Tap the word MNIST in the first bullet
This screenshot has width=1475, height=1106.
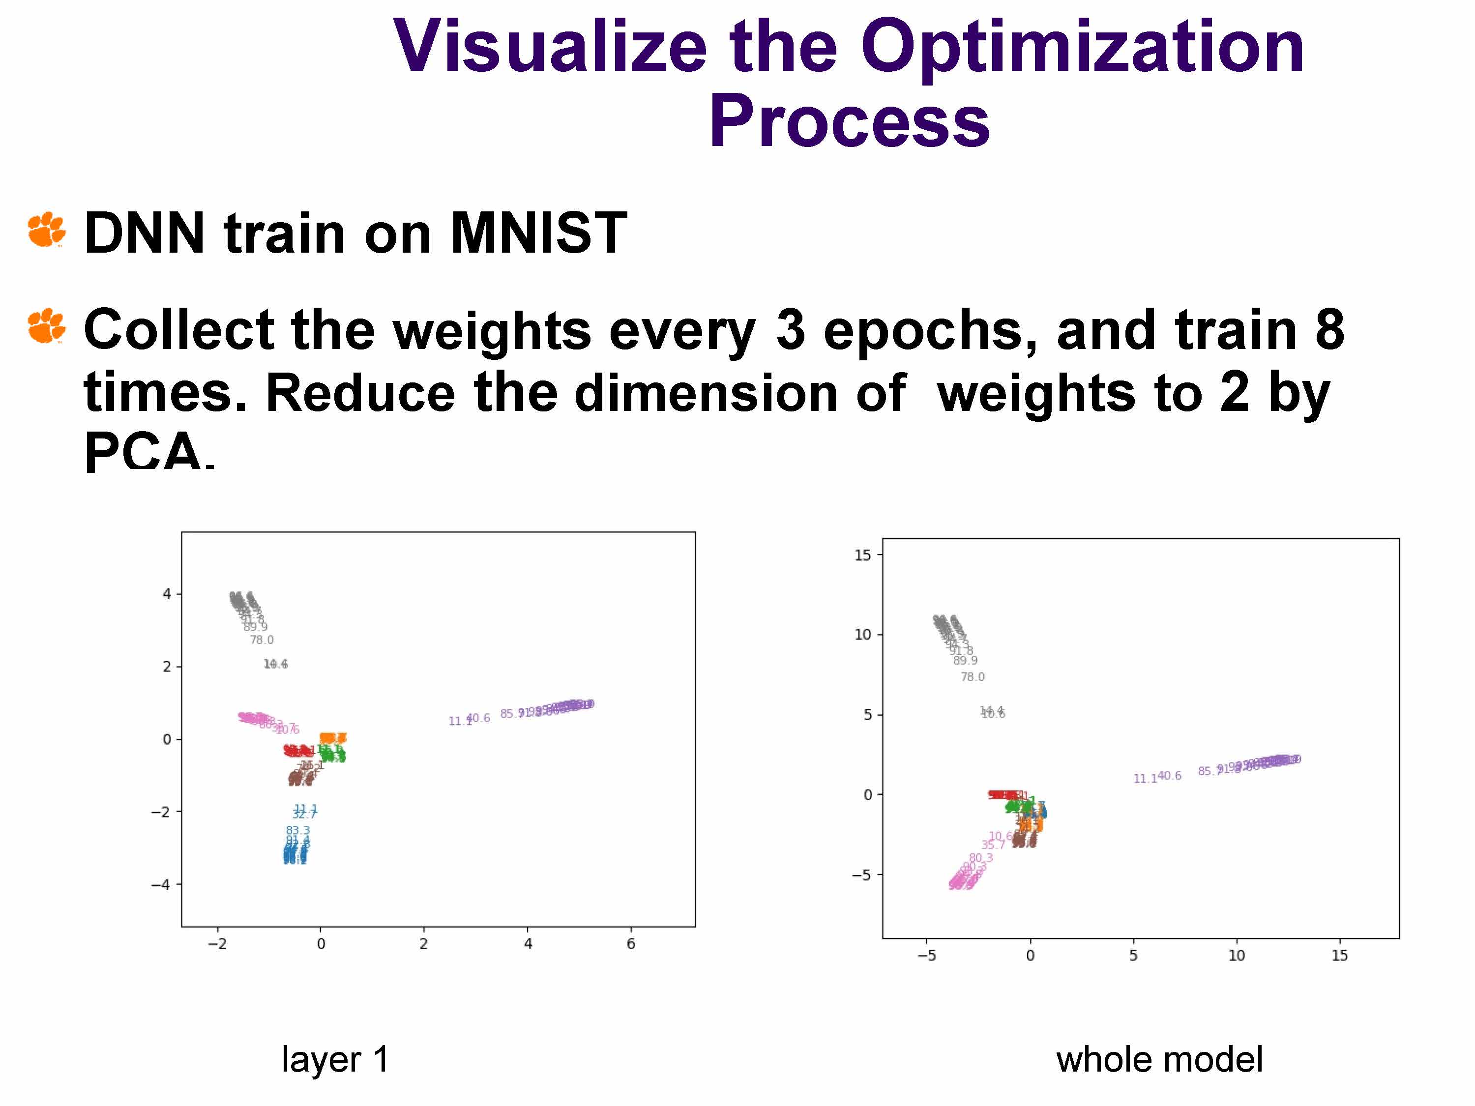539,233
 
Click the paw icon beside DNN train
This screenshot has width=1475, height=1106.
47,230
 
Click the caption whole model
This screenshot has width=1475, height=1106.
1159,1059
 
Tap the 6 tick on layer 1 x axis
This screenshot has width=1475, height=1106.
631,944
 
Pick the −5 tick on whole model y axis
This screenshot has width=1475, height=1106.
861,874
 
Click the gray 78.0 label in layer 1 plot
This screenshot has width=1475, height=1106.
262,640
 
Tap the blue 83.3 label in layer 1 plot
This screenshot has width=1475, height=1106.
297,831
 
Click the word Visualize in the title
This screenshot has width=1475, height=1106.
550,48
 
